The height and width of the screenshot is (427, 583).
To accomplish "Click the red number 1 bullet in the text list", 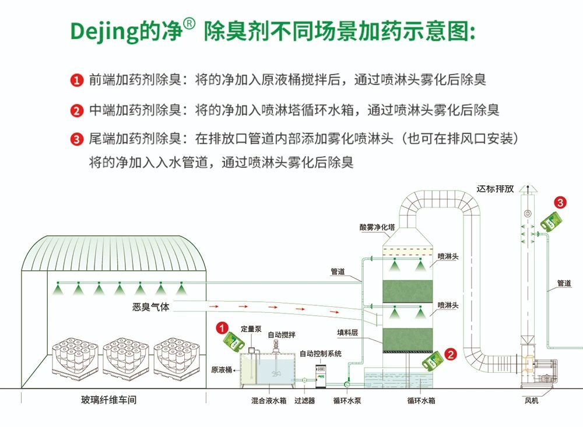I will pyautogui.click(x=76, y=80).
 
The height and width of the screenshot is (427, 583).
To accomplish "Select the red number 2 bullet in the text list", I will pyautogui.click(x=76, y=110).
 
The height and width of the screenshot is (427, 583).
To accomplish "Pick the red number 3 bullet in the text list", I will pyautogui.click(x=76, y=139).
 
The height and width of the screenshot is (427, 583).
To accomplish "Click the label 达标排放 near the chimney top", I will pyautogui.click(x=495, y=189).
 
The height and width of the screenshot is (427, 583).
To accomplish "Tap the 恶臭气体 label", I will pyautogui.click(x=150, y=307).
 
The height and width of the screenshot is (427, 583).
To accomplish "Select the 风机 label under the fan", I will pyautogui.click(x=532, y=400).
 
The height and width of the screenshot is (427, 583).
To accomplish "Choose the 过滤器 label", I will pyautogui.click(x=304, y=400).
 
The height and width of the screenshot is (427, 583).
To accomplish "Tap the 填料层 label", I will pyautogui.click(x=347, y=333).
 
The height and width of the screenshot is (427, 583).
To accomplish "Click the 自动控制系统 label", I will pyautogui.click(x=321, y=354).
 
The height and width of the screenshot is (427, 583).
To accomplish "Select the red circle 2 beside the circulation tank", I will pyautogui.click(x=451, y=353).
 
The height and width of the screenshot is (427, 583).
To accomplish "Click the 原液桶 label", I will pyautogui.click(x=222, y=369).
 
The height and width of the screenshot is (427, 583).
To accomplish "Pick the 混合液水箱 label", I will pyautogui.click(x=269, y=400).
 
